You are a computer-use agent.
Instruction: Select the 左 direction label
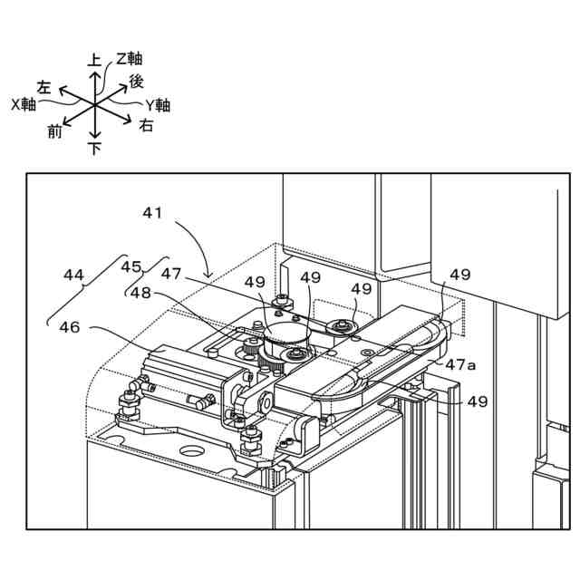(x=43, y=87)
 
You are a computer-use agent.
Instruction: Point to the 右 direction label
(x=146, y=127)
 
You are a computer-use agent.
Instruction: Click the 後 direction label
(x=136, y=82)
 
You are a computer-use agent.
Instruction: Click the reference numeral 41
(x=152, y=214)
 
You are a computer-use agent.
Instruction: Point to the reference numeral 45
(x=131, y=266)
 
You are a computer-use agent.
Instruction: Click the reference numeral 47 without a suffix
(x=172, y=272)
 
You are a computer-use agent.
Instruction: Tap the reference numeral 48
(x=140, y=293)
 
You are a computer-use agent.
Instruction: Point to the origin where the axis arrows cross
(x=95, y=104)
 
